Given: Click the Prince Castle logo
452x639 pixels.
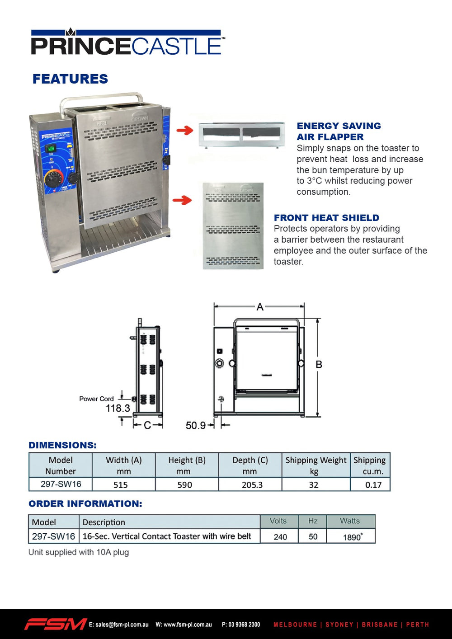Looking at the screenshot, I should [x=127, y=43].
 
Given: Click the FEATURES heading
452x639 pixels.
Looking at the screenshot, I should [x=70, y=79].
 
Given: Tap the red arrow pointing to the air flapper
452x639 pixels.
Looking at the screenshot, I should [x=184, y=131].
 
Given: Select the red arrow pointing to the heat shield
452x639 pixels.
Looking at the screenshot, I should [x=182, y=200].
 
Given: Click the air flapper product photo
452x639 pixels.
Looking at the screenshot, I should [x=242, y=134].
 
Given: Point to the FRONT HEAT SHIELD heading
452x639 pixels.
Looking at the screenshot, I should [x=326, y=218].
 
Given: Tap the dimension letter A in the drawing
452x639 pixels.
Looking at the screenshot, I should [x=260, y=307].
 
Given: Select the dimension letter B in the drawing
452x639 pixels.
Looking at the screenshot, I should [x=319, y=365].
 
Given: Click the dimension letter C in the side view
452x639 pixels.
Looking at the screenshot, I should [x=147, y=425].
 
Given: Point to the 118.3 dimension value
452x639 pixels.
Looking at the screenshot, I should [x=118, y=408].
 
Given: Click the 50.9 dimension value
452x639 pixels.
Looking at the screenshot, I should [x=196, y=425].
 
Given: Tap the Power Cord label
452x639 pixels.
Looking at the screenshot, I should [x=96, y=399].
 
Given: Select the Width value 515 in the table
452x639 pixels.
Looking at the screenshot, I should [x=121, y=485].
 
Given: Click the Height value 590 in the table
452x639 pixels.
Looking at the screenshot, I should [x=184, y=485].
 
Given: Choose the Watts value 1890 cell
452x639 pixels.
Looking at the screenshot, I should [x=352, y=537].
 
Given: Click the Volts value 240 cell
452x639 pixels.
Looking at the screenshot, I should [x=280, y=537].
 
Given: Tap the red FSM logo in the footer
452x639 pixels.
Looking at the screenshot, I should [x=55, y=624].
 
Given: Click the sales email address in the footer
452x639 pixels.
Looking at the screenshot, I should [x=118, y=625].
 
